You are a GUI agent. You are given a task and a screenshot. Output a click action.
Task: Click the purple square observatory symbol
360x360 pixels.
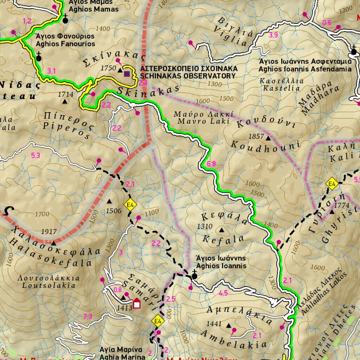click(127, 73)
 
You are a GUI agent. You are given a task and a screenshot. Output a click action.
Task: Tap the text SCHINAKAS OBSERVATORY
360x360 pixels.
click(188, 76)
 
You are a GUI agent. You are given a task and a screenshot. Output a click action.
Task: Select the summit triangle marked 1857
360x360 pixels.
click(269, 139)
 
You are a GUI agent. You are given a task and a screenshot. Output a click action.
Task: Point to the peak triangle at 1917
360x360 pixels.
click(53, 243)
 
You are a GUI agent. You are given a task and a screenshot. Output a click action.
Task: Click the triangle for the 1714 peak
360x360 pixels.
click(65, 102)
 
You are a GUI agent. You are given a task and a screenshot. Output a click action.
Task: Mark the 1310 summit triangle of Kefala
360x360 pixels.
click(221, 230)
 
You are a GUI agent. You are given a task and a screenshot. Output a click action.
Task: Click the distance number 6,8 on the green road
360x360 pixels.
click(212, 163)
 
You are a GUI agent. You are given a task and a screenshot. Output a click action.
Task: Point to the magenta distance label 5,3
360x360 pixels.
click(36, 155)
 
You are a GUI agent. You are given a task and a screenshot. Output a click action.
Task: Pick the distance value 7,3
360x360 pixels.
click(88, 316)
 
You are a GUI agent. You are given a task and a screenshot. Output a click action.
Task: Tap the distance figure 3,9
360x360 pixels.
click(273, 35)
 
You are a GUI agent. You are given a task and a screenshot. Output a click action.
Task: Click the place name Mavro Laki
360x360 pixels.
click(203, 121)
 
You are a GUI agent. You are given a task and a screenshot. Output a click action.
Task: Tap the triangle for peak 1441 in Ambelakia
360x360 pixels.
click(229, 326)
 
